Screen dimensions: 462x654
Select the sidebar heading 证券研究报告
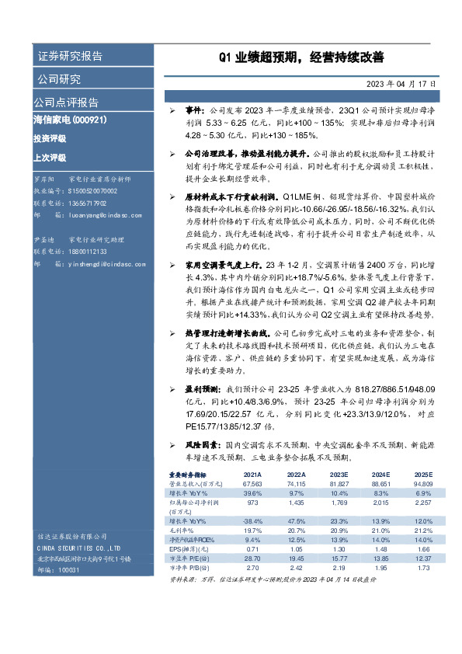pos(69,57)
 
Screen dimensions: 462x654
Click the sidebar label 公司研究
pos(58,79)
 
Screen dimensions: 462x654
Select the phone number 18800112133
pos(85,252)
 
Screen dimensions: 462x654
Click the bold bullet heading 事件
pos(194,112)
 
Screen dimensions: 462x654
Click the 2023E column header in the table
pos(339,474)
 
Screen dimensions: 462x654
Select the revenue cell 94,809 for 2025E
pos(423,483)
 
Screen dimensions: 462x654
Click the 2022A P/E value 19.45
pos(296,558)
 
